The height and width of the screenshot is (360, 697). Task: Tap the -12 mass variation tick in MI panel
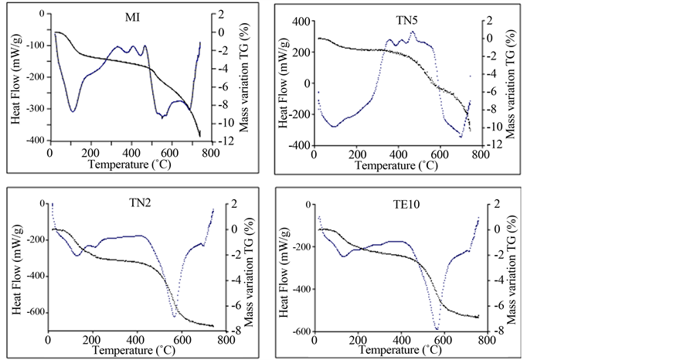pos(221,141)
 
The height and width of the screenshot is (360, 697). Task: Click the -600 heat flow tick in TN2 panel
pos(32,313)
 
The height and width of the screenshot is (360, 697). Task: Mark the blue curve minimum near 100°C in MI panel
pos(73,111)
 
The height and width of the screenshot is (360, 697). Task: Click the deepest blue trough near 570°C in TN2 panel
pos(174,316)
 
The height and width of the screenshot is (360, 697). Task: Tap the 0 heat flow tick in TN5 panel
pos(304,83)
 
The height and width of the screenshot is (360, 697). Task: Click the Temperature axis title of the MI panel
pos(127,165)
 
